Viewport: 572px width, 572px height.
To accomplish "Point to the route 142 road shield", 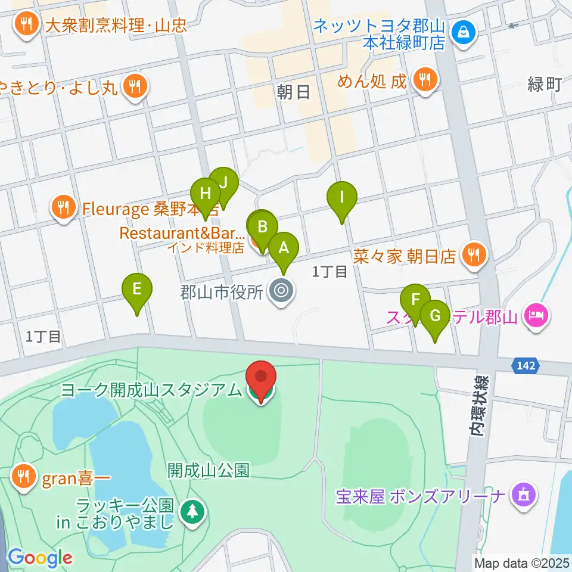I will (526, 365).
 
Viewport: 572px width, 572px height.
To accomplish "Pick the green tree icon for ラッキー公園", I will (192, 511).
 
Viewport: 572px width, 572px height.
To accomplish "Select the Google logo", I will (39, 558).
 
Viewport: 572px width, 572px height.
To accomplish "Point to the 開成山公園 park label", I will (207, 470).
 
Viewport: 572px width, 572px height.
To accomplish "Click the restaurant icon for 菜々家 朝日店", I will (474, 255).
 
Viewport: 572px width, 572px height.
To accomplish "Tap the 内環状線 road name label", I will (480, 405).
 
